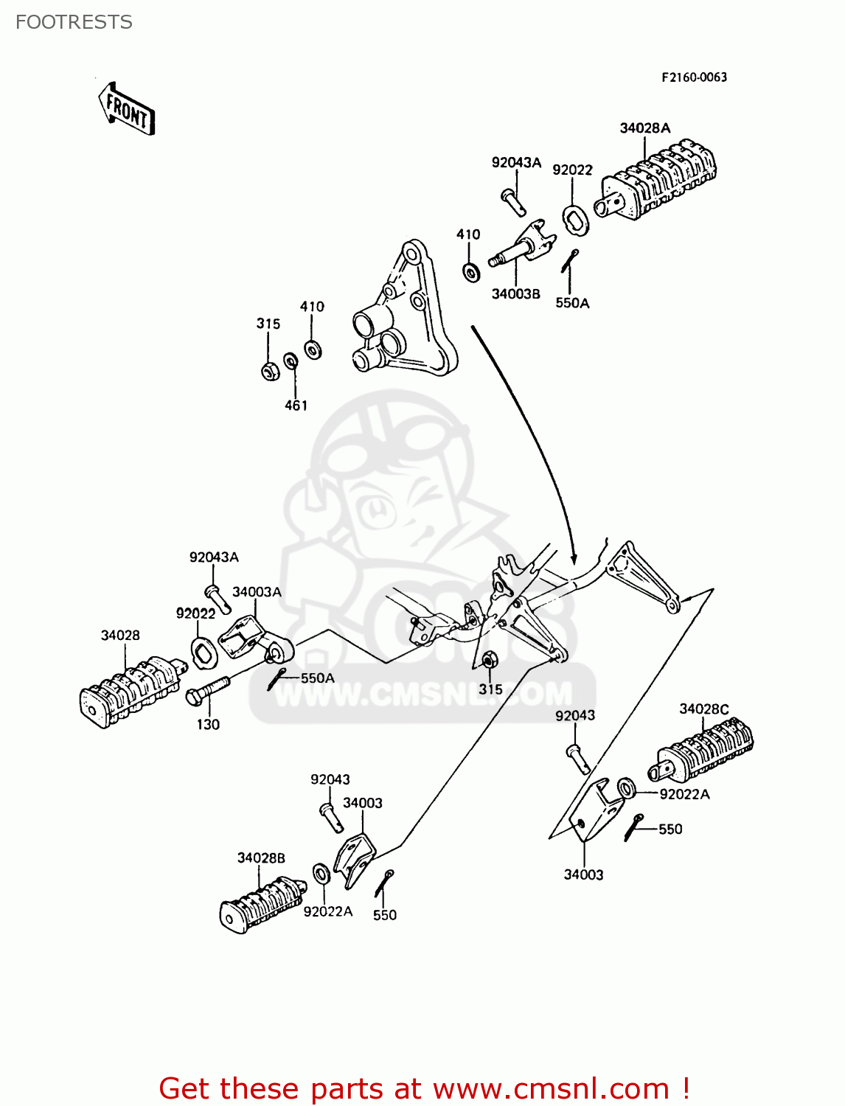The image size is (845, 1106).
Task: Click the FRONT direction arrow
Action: pyautogui.click(x=127, y=109)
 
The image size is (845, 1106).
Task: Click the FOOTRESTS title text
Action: pyautogui.click(x=74, y=22)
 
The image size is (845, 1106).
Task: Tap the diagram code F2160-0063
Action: pyautogui.click(x=693, y=77)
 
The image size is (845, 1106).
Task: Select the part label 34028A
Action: pyautogui.click(x=644, y=128)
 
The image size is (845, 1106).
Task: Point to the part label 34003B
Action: pyautogui.click(x=515, y=294)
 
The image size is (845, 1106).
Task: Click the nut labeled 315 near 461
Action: pyautogui.click(x=270, y=371)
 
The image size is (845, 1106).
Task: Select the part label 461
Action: pyautogui.click(x=296, y=405)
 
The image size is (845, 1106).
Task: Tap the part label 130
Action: pyautogui.click(x=208, y=725)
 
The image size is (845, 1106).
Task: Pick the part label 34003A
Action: pyautogui.click(x=257, y=592)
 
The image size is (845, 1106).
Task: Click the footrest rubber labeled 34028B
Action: pyautogui.click(x=262, y=903)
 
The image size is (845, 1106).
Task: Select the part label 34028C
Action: pyautogui.click(x=703, y=709)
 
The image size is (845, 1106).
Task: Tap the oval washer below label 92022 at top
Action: pyautogui.click(x=575, y=220)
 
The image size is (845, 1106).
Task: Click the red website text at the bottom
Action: pyautogui.click(x=424, y=1088)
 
